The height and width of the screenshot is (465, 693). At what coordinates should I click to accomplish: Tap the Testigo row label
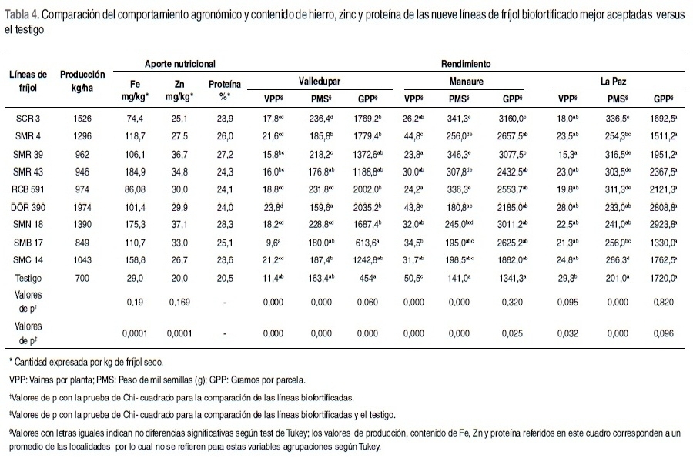[x=28, y=275]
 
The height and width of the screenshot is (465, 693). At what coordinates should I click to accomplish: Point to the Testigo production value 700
[x=82, y=275]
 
